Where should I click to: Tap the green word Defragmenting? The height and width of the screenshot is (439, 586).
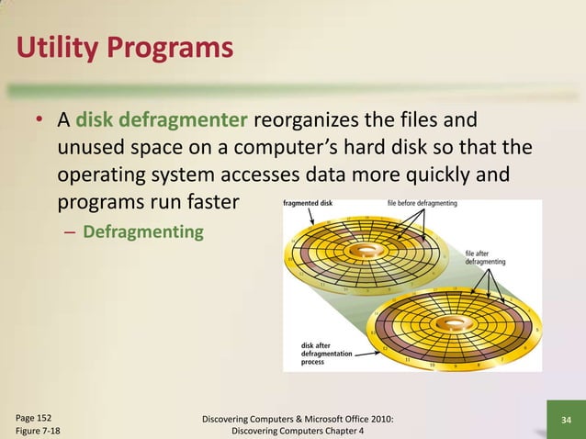(143, 231)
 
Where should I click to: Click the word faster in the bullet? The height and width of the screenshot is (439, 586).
(213, 201)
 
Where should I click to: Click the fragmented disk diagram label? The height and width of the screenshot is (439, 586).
(308, 203)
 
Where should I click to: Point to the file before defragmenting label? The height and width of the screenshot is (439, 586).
(423, 203)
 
